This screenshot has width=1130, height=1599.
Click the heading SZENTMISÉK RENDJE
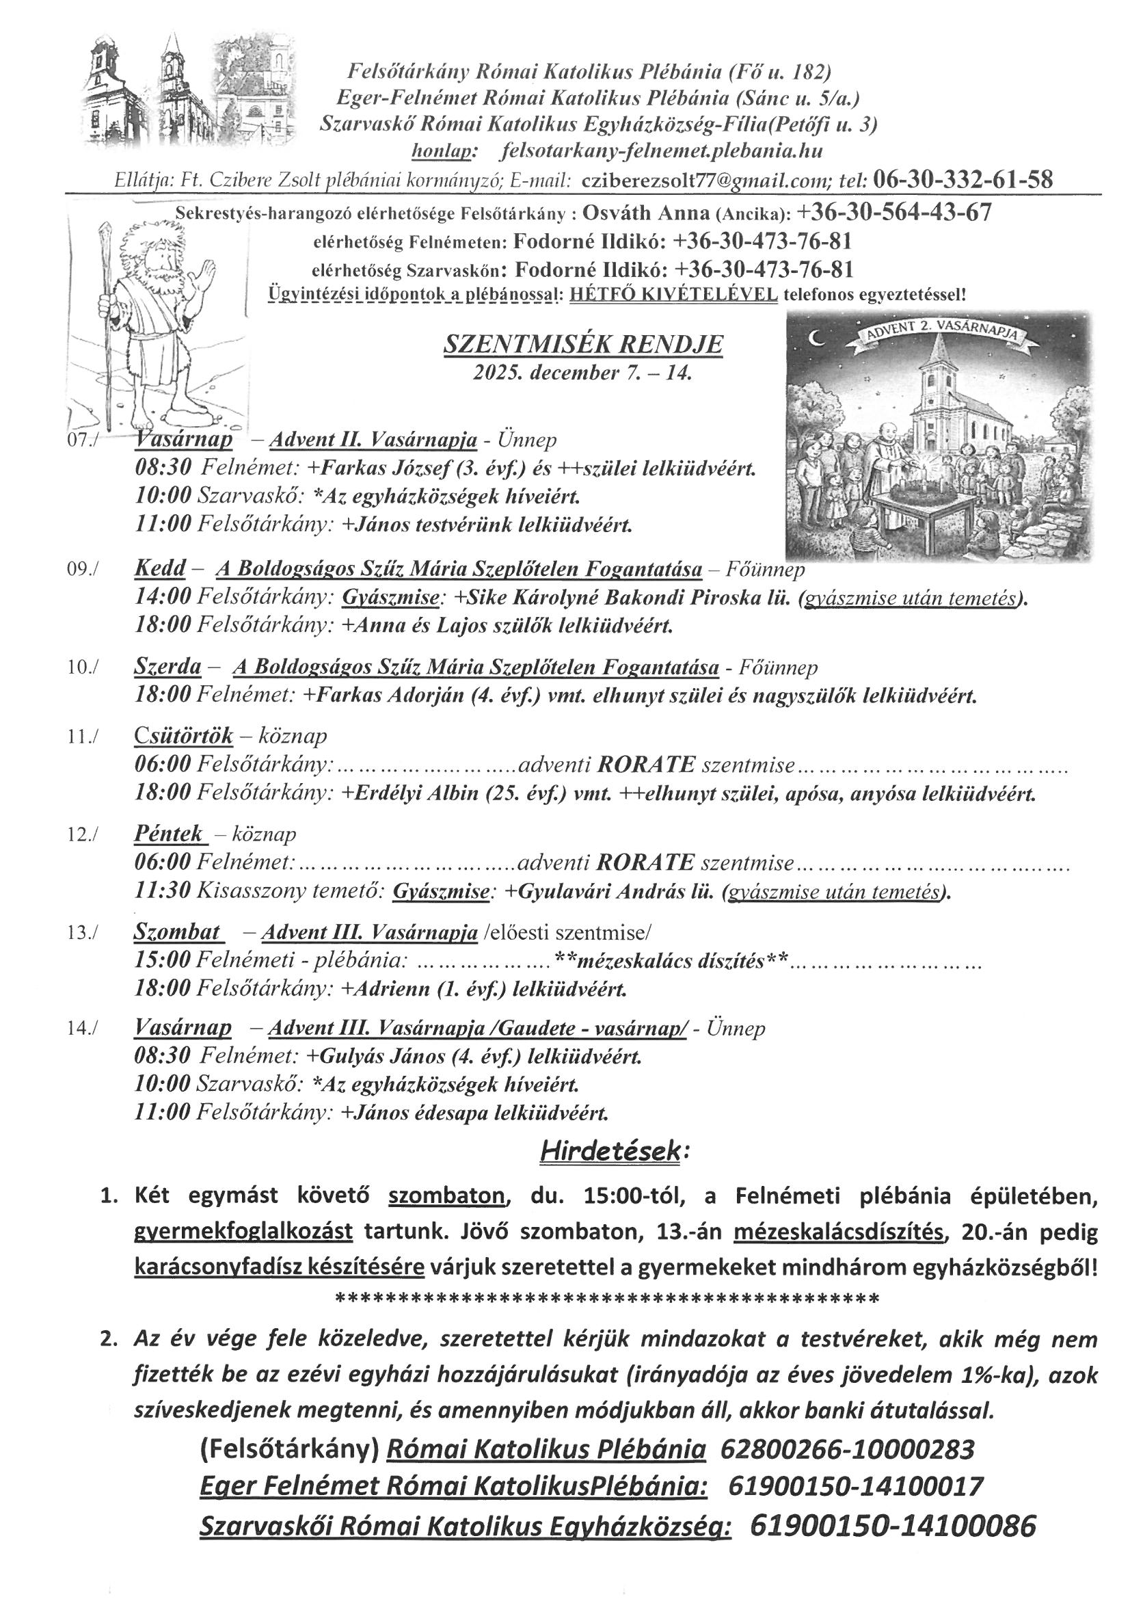coord(583,344)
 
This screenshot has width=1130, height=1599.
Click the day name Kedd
coord(159,569)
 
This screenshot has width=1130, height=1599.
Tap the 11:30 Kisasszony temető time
coord(162,891)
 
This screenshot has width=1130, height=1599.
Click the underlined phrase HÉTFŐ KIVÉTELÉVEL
coord(673,294)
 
